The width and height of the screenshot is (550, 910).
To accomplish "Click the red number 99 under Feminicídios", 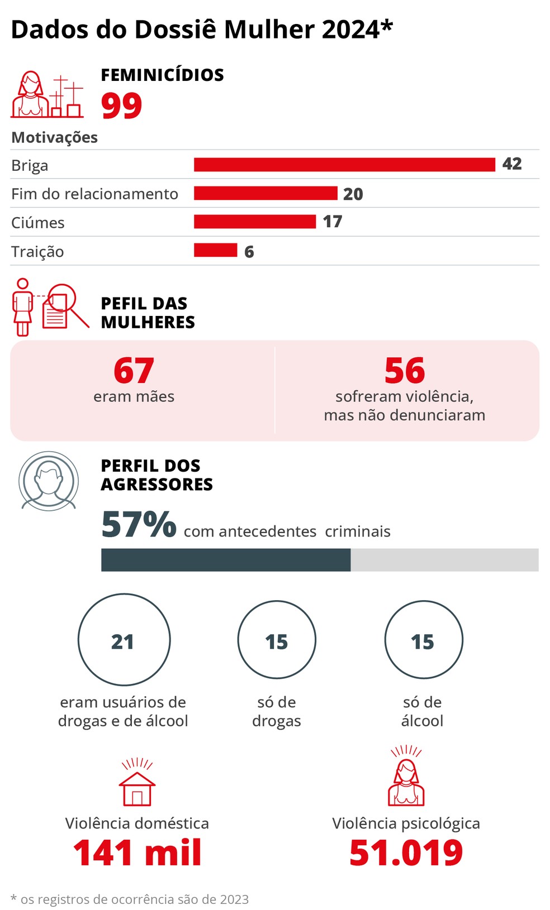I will click(121, 106).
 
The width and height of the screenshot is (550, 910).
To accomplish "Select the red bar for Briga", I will click(344, 165).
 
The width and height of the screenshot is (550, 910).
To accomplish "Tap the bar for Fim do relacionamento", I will click(265, 193).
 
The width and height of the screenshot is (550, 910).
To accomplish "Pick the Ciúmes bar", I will click(255, 222).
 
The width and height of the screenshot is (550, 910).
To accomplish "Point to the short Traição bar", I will click(215, 250).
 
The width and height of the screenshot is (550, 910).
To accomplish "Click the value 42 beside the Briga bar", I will click(512, 164).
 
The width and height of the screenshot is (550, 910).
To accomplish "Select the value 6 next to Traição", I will click(249, 252).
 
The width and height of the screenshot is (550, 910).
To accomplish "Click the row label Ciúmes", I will click(38, 223).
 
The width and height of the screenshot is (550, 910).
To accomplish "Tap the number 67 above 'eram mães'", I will click(134, 371).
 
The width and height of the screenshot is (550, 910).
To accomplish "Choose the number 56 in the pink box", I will click(405, 371).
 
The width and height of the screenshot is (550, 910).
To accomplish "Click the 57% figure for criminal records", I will click(139, 524).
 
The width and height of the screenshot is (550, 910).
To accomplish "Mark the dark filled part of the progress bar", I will click(226, 560).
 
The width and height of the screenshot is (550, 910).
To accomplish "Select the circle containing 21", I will click(124, 640).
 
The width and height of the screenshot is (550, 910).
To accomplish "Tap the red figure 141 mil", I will click(137, 853).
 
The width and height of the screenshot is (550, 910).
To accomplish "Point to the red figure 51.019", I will click(406, 853).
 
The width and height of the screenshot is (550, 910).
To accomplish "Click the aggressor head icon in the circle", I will click(49, 481).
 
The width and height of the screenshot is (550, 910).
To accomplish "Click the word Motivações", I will click(54, 137).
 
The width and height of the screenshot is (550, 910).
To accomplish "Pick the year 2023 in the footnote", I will click(234, 899).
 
